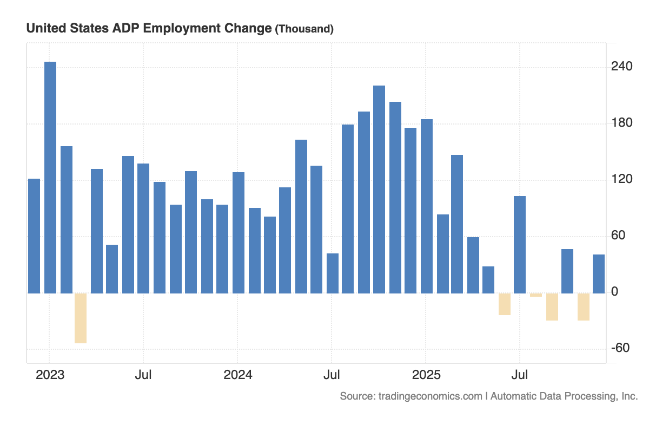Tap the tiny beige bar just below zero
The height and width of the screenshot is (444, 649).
click(536, 295)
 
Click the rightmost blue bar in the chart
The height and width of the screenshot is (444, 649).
click(599, 274)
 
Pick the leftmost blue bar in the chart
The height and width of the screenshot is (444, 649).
click(34, 236)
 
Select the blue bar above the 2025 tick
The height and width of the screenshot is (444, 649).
click(427, 206)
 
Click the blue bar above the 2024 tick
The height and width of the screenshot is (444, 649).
click(239, 233)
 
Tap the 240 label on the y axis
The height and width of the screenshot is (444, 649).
click(621, 66)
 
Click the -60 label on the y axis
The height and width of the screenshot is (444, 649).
click(620, 348)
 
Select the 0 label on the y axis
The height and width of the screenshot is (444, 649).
click(614, 292)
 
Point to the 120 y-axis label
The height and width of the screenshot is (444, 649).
click(621, 179)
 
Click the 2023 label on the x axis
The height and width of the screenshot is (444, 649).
click(50, 375)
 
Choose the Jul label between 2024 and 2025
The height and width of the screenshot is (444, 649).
click(332, 375)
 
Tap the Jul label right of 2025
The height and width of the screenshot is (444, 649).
click(520, 375)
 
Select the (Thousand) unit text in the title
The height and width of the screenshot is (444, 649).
click(304, 29)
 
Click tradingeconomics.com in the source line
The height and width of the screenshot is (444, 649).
click(429, 396)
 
